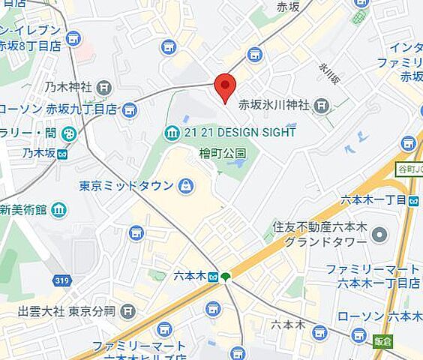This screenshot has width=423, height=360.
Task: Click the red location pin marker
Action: (225, 87)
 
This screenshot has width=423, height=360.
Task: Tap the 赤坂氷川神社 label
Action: (274, 106)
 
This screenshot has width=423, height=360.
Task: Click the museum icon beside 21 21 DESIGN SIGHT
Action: (172, 133)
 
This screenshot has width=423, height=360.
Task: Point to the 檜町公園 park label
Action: (223, 153)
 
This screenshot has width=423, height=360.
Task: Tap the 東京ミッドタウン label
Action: (126, 185)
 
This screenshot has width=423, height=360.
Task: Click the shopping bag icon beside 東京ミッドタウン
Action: (185, 185)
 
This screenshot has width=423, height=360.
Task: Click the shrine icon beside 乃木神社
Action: (104, 88)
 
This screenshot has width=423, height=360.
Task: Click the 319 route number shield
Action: (62, 280)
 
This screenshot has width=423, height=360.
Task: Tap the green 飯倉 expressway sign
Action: (382, 341)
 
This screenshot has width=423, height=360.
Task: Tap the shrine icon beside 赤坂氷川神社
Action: (322, 106)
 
